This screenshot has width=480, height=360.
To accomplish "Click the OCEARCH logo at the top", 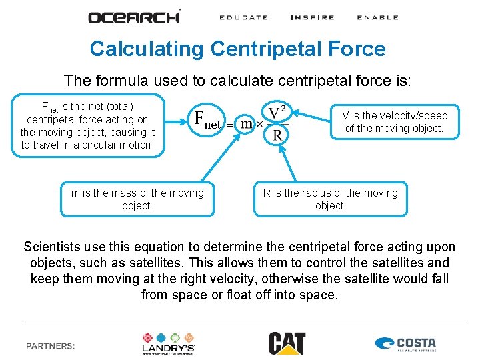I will (x=134, y=17).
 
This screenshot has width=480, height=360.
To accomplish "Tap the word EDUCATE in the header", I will (x=243, y=17).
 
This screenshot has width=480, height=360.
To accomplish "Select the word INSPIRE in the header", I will (x=312, y=17).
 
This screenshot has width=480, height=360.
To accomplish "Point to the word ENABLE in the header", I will (x=377, y=17).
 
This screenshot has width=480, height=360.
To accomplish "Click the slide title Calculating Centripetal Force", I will (x=237, y=49).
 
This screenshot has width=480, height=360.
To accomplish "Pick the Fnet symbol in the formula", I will (x=207, y=119).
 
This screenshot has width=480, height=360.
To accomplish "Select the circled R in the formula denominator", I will (x=277, y=135).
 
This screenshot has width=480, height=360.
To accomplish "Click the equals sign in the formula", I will (x=229, y=125).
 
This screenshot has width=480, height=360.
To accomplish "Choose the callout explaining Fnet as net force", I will (x=87, y=125).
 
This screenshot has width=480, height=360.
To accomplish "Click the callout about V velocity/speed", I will (x=395, y=121).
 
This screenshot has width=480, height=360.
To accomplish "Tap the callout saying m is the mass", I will (x=137, y=199).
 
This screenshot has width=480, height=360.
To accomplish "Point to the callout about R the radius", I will (x=330, y=199).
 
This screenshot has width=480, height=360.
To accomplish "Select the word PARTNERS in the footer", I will (x=51, y=346).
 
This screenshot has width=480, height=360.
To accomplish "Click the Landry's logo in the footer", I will (x=168, y=343).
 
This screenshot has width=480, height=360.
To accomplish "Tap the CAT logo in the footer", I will (x=287, y=343).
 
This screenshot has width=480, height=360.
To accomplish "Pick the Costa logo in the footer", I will (x=406, y=344).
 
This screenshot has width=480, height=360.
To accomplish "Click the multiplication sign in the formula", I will (x=260, y=125).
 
